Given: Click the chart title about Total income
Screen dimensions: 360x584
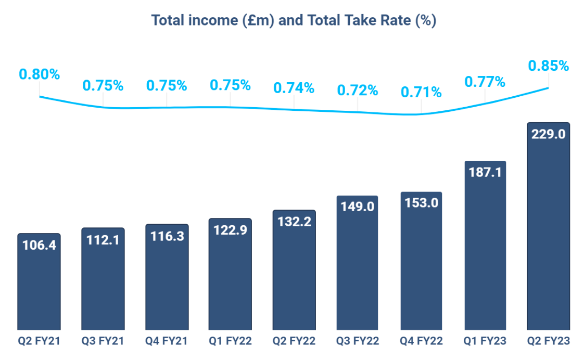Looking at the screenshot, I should (293, 21).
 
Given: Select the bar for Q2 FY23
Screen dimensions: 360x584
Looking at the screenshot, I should (549, 229).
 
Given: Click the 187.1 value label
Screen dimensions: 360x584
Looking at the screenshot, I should (485, 172).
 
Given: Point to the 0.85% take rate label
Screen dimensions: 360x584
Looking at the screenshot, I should (549, 66).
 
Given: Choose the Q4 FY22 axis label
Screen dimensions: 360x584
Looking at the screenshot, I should (421, 341).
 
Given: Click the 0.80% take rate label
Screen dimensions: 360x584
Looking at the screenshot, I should (40, 74).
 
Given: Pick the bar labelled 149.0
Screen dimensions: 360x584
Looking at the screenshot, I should (358, 265).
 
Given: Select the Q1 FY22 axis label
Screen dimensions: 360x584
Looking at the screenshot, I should (230, 341).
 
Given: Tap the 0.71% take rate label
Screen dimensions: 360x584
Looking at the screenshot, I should (421, 93).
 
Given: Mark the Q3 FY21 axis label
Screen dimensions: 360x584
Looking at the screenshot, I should (103, 341).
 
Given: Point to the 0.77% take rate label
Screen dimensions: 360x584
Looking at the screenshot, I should (485, 82).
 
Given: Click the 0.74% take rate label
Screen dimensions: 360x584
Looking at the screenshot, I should (294, 88).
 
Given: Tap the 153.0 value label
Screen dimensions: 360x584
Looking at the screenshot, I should (421, 203).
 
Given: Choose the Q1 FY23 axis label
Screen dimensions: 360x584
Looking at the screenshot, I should (485, 341).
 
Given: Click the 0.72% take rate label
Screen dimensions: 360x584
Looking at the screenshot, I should (358, 91).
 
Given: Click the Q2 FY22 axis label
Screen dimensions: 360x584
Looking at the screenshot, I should (294, 341).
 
